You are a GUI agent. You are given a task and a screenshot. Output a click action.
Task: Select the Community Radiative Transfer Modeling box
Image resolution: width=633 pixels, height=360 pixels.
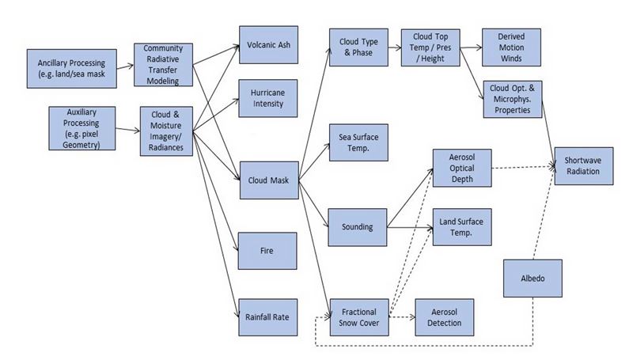(163, 64)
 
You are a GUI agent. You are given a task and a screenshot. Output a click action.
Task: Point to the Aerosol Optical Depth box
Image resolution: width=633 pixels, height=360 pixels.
(461, 167)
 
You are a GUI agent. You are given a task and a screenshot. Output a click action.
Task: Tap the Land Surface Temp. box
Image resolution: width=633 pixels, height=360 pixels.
(461, 228)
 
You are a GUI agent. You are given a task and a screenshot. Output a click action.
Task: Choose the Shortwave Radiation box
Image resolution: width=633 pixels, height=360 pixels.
(582, 165)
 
